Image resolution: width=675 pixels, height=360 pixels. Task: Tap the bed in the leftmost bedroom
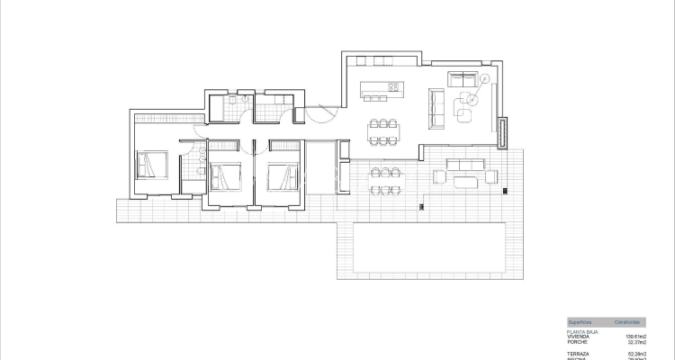point(151,166)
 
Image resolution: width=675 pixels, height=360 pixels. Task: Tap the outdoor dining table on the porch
point(384,180)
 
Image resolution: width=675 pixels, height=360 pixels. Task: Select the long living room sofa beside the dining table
point(437,108)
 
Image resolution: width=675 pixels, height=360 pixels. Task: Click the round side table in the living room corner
point(484,79)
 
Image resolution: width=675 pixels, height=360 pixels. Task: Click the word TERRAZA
point(578,353)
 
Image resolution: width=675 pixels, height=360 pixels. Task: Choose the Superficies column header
point(580,321)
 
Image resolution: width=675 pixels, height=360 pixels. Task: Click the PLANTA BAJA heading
point(581,331)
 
